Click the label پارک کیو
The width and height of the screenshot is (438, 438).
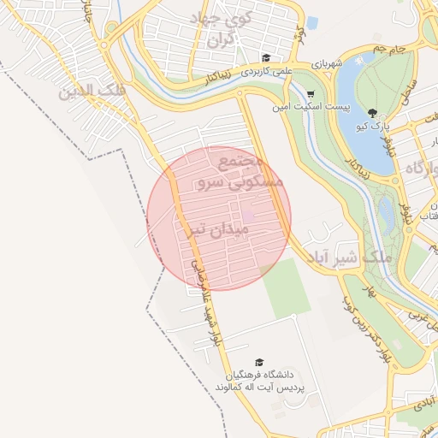pyautogui.click(x=374, y=127)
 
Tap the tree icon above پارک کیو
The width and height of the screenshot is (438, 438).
pyautogui.click(x=371, y=112)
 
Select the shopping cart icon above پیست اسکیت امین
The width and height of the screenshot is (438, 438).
pyautogui.click(x=311, y=94)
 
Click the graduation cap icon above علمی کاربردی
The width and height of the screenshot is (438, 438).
pyautogui.click(x=266, y=57)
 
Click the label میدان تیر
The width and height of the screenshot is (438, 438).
pyautogui.click(x=219, y=230)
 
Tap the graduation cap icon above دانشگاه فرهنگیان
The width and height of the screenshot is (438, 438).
pyautogui.click(x=259, y=362)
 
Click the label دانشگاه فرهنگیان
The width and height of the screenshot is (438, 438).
pyautogui.click(x=260, y=376)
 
